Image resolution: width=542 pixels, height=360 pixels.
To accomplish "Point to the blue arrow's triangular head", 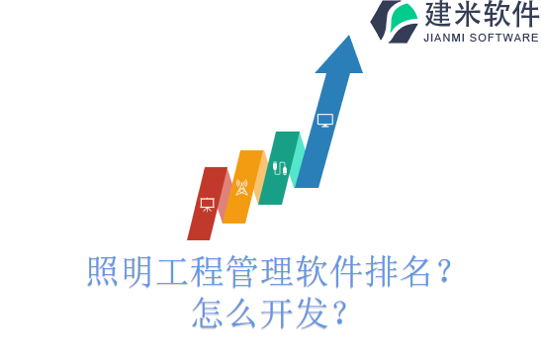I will pyautogui.click(x=339, y=56).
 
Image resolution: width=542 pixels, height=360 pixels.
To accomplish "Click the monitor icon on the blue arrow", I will pyautogui.click(x=324, y=120).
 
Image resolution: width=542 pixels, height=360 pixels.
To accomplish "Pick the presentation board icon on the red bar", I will pyautogui.click(x=207, y=204).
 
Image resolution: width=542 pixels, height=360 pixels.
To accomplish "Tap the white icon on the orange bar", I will pyautogui.click(x=242, y=187).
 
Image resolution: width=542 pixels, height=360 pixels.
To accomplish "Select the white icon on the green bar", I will pyautogui.click(x=280, y=168).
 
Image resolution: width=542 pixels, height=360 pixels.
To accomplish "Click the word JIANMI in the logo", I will pyautogui.click(x=447, y=38).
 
